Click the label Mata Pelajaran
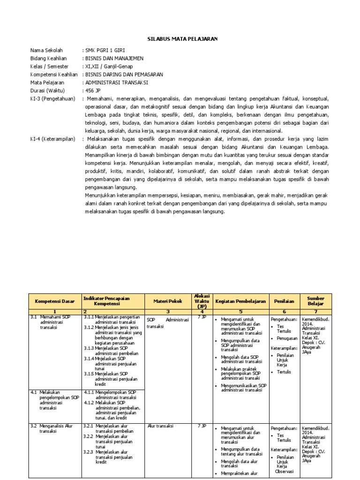pyautogui.click(x=47, y=82)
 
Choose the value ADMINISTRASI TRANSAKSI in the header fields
pyautogui.click(x=117, y=82)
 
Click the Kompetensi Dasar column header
pyautogui.click(x=55, y=301)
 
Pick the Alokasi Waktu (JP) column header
pyautogui.click(x=202, y=301)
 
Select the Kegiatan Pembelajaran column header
pyautogui.click(x=240, y=301)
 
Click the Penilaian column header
pyautogui.click(x=284, y=301)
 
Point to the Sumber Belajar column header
pyautogui.click(x=315, y=301)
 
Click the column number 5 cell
pyautogui.click(x=240, y=311)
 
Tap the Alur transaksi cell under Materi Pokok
pyautogui.click(x=160, y=426)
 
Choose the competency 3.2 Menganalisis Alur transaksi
pyautogui.click(x=52, y=428)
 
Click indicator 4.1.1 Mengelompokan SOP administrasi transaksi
pyautogui.click(x=112, y=394)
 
